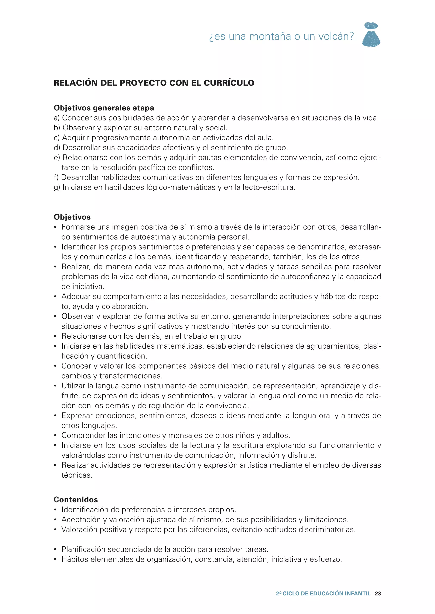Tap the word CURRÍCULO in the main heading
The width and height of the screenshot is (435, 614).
pyautogui.click(x=229, y=83)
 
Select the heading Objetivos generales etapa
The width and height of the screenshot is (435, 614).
pyautogui.click(x=104, y=108)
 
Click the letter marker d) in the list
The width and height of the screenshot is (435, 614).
pyautogui.click(x=57, y=148)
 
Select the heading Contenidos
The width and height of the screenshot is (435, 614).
pyautogui.click(x=76, y=500)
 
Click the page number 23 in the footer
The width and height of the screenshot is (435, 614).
pyautogui.click(x=378, y=594)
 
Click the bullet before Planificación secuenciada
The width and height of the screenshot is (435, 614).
pyautogui.click(x=55, y=550)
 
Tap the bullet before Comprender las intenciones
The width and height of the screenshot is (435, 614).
pyautogui.click(x=55, y=436)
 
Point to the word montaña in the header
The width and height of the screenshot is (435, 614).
pyautogui.click(x=270, y=37)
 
